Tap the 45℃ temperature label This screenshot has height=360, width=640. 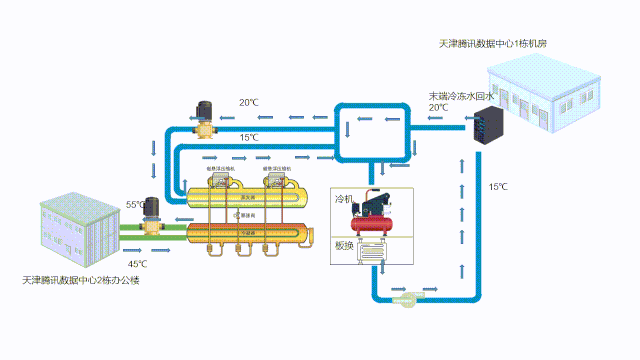[x=137, y=264]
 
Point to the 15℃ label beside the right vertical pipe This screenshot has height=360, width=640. [x=497, y=187]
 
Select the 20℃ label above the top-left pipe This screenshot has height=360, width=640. [x=248, y=103]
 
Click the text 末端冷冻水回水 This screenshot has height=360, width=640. [x=461, y=96]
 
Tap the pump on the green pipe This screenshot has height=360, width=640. [x=153, y=215]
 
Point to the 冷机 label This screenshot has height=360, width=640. [x=344, y=200]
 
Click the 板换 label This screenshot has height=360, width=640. [x=344, y=246]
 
